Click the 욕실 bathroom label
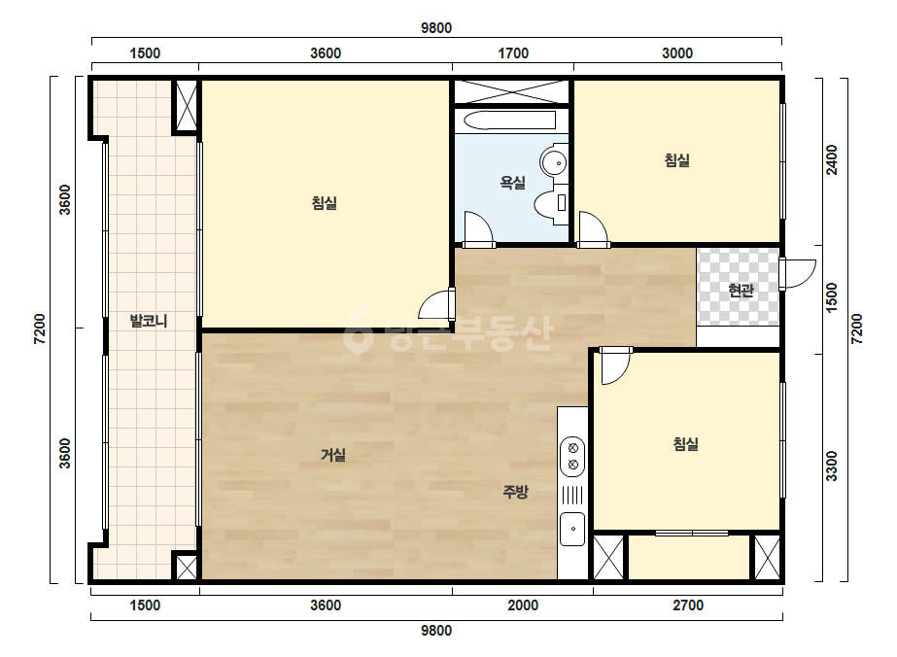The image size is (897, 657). (512, 183)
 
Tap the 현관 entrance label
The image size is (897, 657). (741, 291)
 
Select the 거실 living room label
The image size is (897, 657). (333, 455)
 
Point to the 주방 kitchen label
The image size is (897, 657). (515, 492)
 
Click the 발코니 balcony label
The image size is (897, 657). (149, 321)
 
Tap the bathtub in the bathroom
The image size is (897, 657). (510, 121)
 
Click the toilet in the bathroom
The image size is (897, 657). (550, 203)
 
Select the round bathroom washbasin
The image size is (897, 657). (554, 162)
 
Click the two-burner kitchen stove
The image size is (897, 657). (572, 456)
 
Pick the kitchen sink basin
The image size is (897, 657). (572, 529)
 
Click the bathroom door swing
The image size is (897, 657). (479, 230)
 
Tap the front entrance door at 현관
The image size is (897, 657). (798, 274)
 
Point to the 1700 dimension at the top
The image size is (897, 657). (513, 53)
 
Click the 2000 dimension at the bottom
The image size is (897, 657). (523, 605)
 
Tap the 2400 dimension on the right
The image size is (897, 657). (832, 160)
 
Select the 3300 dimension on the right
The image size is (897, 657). (832, 466)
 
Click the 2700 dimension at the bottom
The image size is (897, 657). (688, 605)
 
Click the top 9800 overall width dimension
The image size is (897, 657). (436, 28)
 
